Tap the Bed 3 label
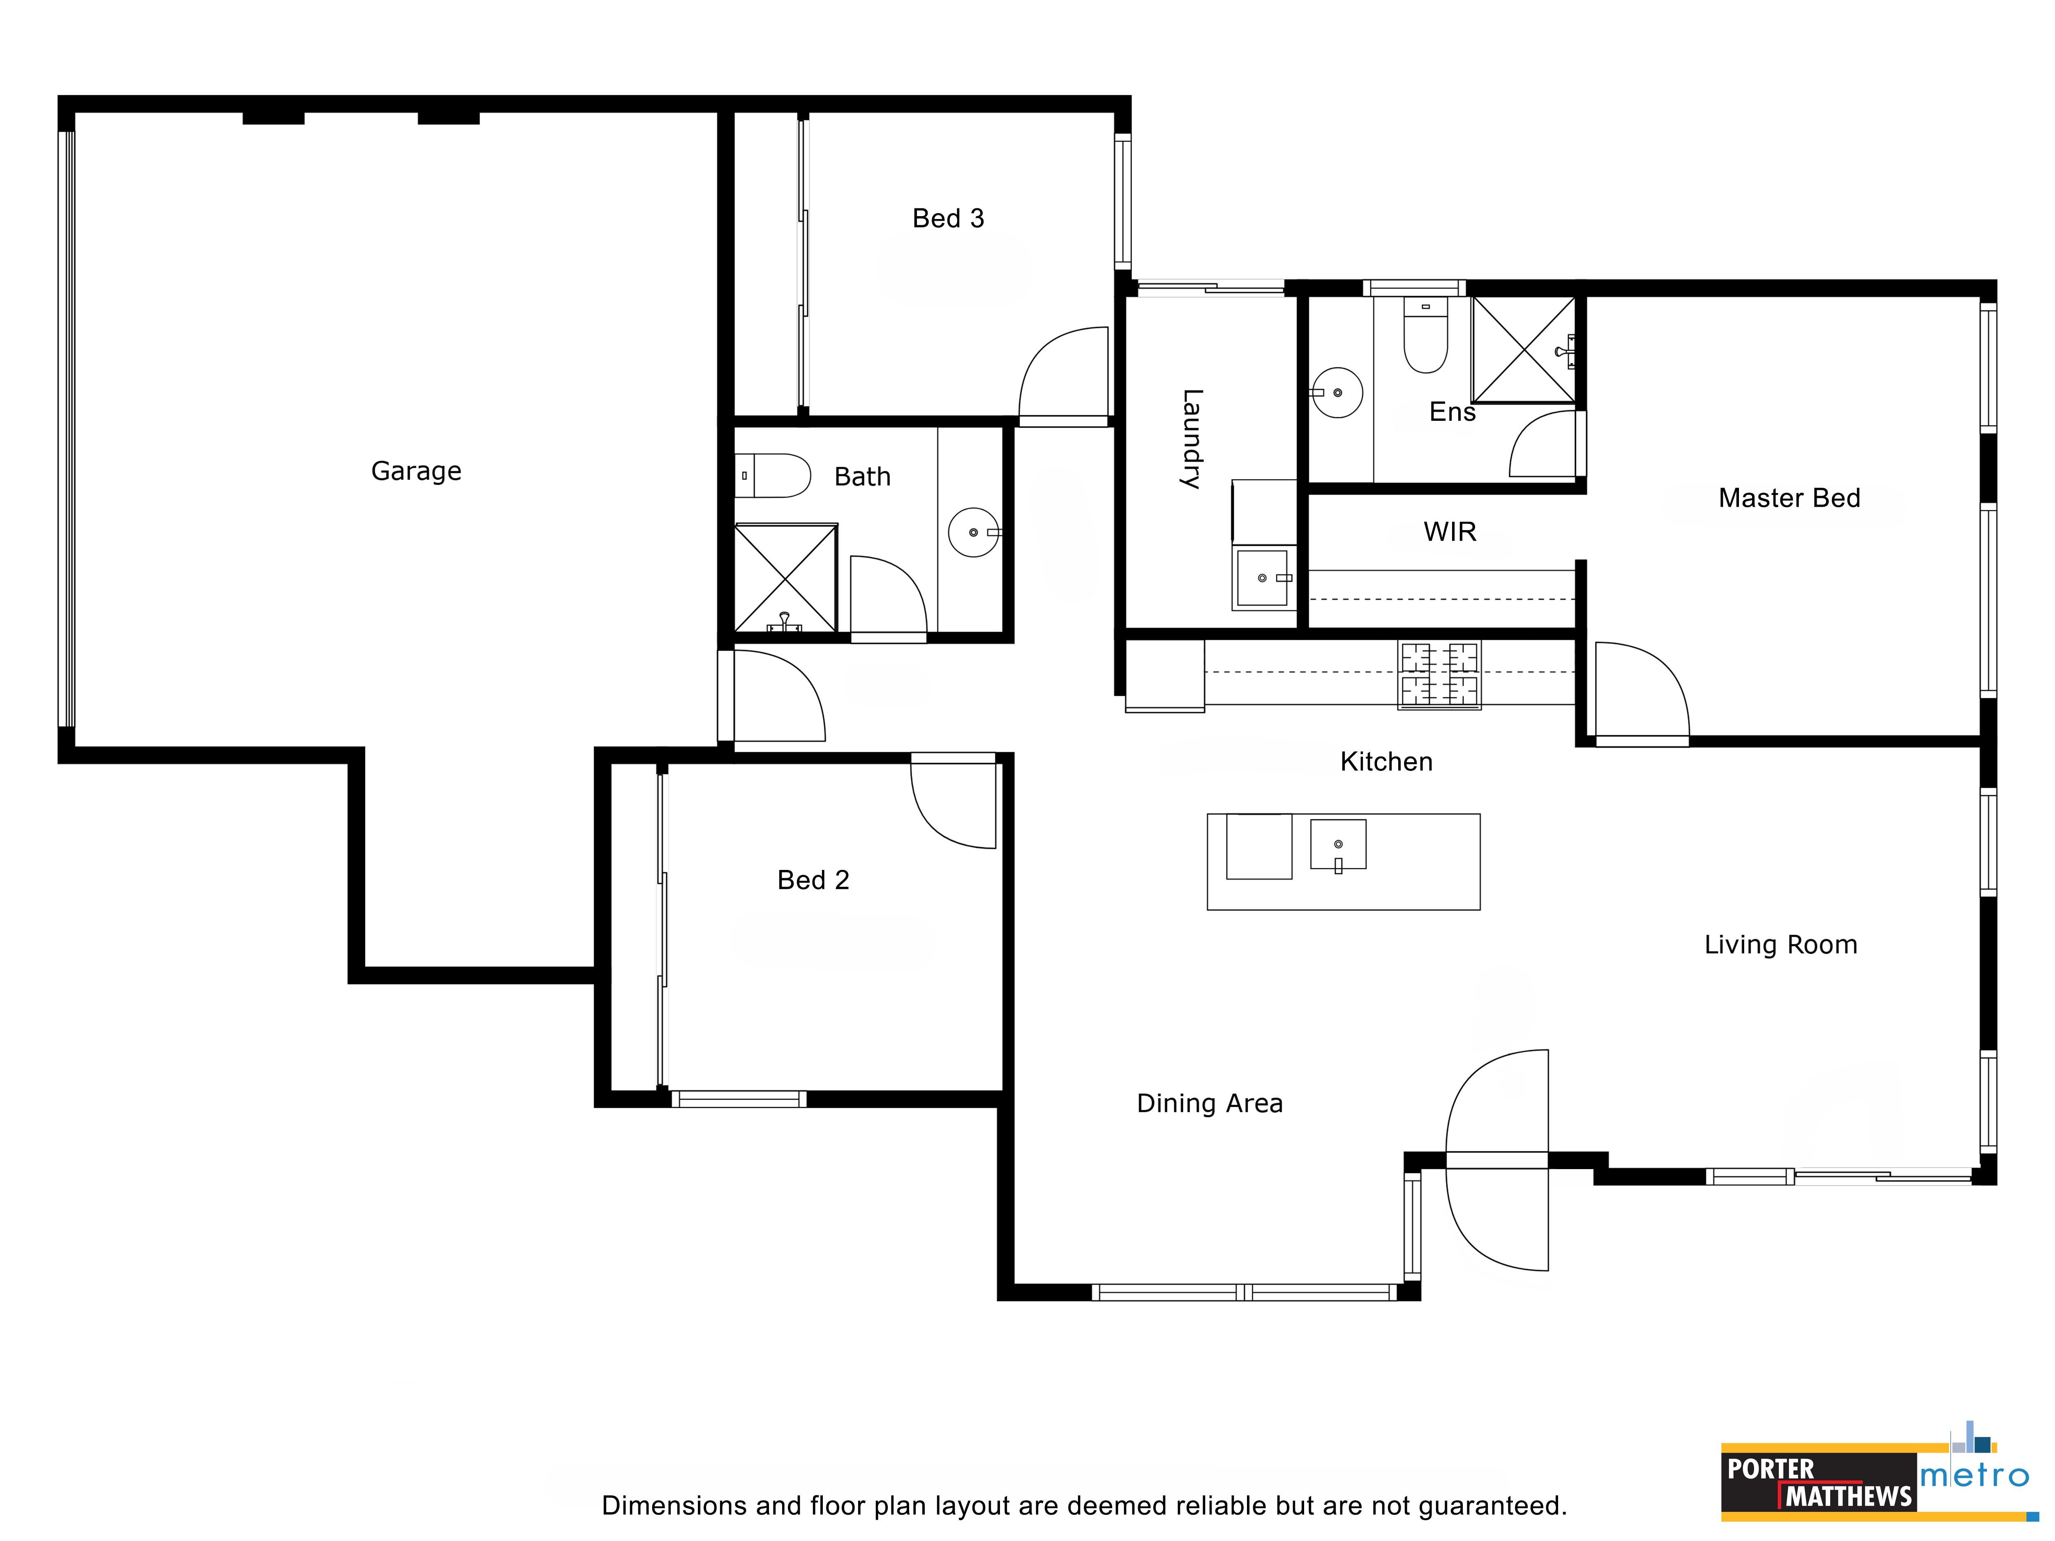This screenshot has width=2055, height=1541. (948, 218)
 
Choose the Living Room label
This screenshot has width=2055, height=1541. (1780, 945)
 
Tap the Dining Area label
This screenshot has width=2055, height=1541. (1210, 1103)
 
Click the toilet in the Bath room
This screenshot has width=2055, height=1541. (773, 475)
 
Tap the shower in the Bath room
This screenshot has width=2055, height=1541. (786, 578)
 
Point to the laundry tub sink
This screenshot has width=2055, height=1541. (1263, 578)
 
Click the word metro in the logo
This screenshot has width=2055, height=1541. (1975, 1476)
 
